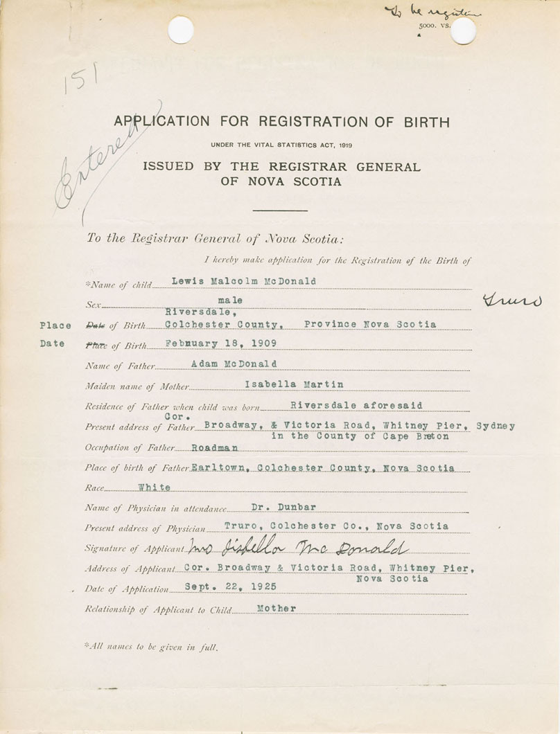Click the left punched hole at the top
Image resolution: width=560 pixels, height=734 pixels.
click(180, 30)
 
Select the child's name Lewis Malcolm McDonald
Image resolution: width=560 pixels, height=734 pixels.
click(243, 281)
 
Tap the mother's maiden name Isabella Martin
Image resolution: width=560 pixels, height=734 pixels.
click(294, 384)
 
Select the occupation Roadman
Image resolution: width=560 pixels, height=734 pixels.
click(215, 448)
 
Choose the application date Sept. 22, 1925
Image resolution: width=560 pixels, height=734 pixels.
click(231, 586)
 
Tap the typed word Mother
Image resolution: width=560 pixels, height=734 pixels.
click(276, 608)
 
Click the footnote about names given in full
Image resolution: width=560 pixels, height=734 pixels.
click(151, 647)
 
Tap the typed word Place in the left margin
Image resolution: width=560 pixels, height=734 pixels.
click(55, 325)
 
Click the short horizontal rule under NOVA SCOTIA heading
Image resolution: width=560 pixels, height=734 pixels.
click(280, 210)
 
